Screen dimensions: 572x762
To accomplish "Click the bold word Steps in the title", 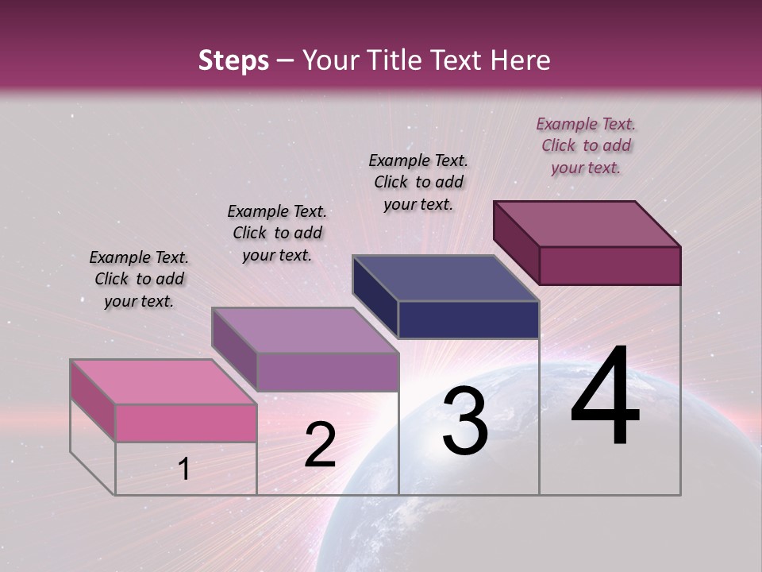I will coord(233,60).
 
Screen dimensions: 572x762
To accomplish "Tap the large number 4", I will coord(605,396).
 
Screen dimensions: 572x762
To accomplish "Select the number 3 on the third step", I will coord(465,422).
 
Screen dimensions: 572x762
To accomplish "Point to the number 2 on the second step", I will coord(320,445).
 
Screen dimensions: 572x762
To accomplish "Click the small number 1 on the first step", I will coord(184,470).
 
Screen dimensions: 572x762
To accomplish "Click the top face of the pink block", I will coord(164,381).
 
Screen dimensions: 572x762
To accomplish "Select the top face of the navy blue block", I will coord(445,278).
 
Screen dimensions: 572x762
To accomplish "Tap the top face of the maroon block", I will coord(587,223).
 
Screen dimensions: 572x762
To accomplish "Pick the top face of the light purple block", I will coord(305,330).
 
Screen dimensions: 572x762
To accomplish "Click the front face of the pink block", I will coord(186,423).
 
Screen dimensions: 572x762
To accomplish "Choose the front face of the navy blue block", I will coord(468,319).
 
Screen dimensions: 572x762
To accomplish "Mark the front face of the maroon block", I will coord(610,265).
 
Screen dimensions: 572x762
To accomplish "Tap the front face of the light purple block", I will coord(327,372).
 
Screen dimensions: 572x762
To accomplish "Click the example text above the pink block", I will coord(139,279).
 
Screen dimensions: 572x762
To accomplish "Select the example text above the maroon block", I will coord(586,145).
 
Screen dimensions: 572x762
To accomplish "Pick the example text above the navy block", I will coord(418,182).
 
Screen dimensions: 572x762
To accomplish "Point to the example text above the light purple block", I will coord(277,233).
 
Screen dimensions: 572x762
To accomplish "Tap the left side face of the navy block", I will coord(375,297).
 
